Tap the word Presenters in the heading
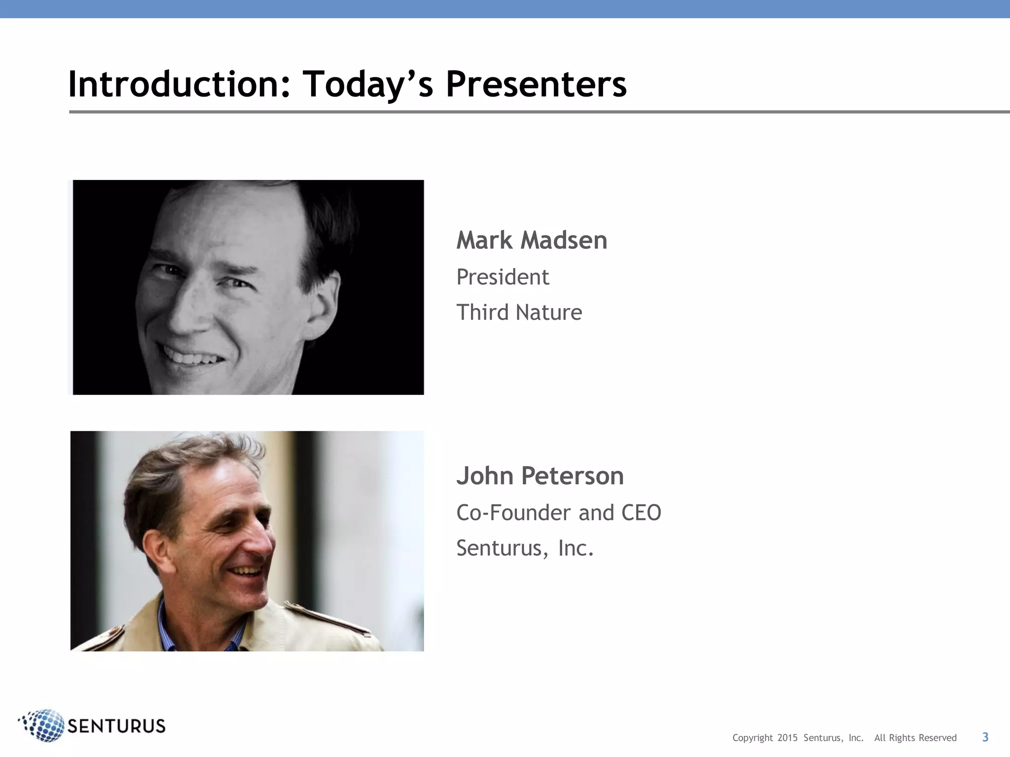[536, 84]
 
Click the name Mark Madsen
[532, 241]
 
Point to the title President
[503, 277]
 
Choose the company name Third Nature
[519, 312]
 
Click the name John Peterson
[540, 476]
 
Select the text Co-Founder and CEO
[558, 513]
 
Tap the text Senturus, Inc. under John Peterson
[525, 548]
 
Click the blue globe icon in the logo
[44, 725]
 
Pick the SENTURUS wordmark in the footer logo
[116, 726]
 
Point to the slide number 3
[985, 737]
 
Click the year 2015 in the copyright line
[787, 738]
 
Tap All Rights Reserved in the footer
[915, 738]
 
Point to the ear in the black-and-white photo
[323, 301]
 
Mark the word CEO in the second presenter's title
[641, 513]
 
